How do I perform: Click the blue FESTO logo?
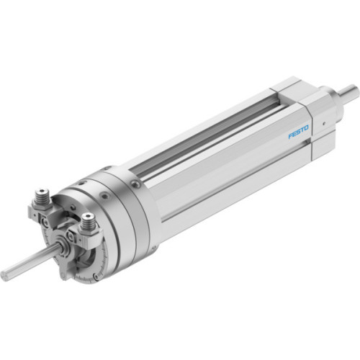click(x=298, y=133)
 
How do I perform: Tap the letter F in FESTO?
click(x=290, y=136)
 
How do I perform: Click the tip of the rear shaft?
click(x=354, y=90)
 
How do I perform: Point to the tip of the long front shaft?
click(x=4, y=274)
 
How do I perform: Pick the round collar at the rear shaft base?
click(x=333, y=96)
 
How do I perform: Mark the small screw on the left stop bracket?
click(x=45, y=222)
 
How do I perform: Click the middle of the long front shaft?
click(x=29, y=261)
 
